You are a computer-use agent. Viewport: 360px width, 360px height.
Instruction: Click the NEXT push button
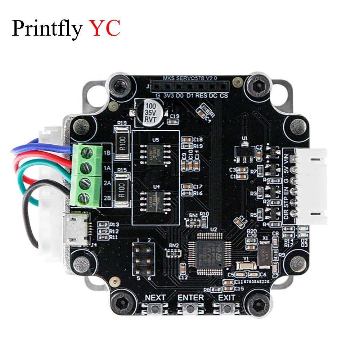pos(155,309)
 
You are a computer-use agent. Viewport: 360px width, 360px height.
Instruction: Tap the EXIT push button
pos(226,309)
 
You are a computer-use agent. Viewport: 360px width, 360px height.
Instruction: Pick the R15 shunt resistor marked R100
pos(122,187)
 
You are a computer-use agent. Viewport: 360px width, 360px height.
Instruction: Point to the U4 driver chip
pos(155,197)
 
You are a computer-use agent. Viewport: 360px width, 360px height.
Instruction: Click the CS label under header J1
pos(224,96)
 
